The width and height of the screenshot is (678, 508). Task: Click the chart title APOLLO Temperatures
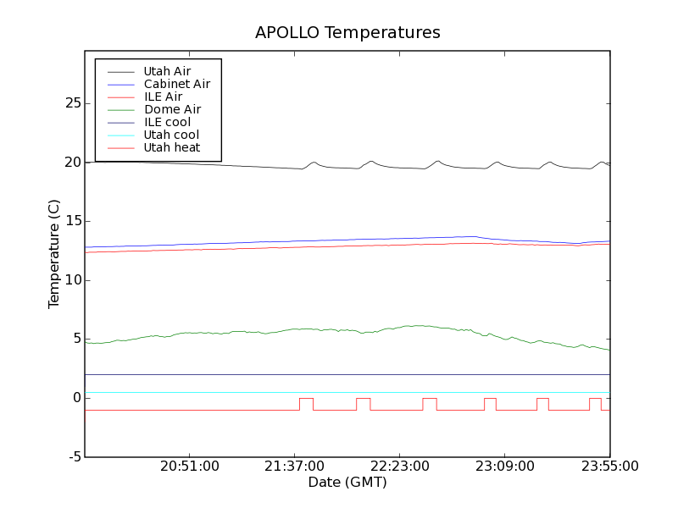(347, 33)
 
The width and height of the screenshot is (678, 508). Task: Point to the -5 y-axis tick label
(74, 457)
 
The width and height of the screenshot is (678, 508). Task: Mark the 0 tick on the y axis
(76, 398)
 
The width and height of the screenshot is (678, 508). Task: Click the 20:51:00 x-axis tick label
(189, 467)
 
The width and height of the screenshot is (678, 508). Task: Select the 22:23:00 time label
(399, 467)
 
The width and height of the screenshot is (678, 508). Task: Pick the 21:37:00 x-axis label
(294, 467)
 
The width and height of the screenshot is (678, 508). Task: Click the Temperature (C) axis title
(53, 254)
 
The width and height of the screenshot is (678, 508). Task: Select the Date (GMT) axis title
(347, 483)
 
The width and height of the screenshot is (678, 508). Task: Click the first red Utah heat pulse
(306, 399)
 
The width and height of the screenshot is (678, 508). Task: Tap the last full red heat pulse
(595, 399)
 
